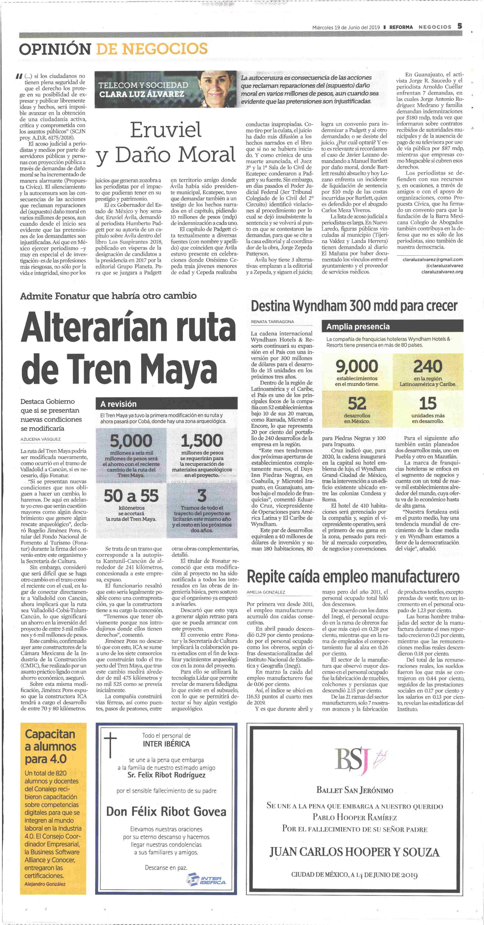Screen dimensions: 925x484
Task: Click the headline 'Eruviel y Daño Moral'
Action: coord(166,142)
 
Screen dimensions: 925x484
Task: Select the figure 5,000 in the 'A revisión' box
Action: coord(131,441)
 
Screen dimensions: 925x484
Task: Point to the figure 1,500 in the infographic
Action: coord(202,441)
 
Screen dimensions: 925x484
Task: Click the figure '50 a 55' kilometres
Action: coord(131,496)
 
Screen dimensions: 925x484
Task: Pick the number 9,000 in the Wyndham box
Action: coord(357,366)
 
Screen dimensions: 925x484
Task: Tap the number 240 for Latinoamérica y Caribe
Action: coord(428,366)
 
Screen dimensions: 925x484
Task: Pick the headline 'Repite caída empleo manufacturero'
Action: coord(353,576)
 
